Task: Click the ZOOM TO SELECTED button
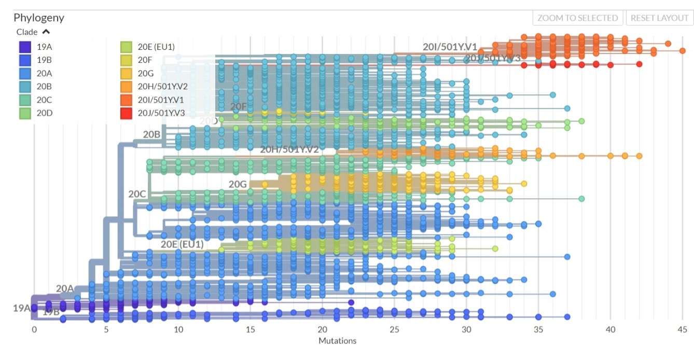coord(578,18)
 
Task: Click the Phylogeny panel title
coord(39,18)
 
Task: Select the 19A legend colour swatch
coord(24,47)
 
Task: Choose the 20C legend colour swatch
coord(24,100)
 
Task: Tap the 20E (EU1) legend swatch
coord(126,47)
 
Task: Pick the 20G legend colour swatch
coord(126,73)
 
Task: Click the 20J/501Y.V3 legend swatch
coord(126,113)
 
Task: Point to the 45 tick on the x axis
coord(682,330)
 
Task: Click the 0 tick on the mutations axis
coord(34,330)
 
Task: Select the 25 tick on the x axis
coord(394,330)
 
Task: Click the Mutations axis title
coord(337,341)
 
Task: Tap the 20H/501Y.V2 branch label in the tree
coord(289,149)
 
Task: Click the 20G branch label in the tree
coord(237,184)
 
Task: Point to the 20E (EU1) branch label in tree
coord(182,244)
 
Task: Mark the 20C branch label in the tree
coord(137,194)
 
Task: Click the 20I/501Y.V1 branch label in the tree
coord(450,47)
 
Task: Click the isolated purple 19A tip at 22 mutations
coord(351,302)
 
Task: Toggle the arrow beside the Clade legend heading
coord(46,32)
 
